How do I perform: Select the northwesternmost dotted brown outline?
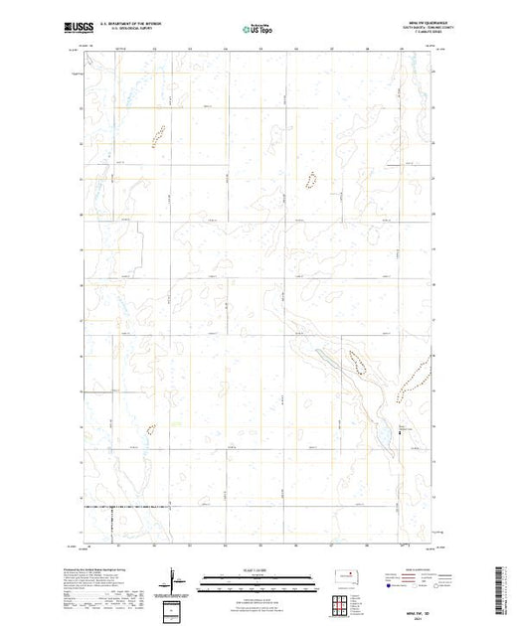click(x=156, y=129)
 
